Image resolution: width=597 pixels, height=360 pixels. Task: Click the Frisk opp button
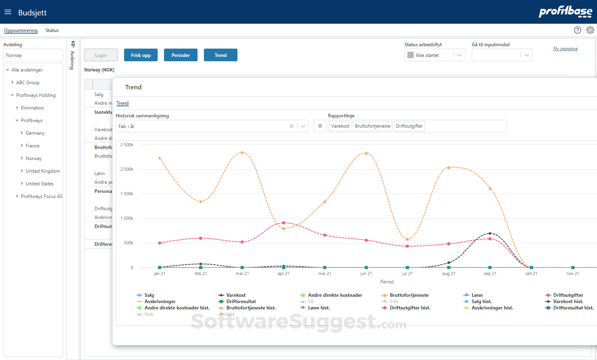(x=141, y=55)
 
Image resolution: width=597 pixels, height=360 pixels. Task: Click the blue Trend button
(x=220, y=55)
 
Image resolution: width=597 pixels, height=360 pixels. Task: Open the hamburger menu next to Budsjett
(x=8, y=12)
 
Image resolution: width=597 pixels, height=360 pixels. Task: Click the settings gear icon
(x=590, y=30)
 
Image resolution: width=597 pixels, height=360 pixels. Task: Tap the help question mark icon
(x=577, y=30)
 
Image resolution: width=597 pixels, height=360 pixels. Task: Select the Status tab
(x=52, y=30)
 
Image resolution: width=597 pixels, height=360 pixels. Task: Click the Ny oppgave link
(x=565, y=49)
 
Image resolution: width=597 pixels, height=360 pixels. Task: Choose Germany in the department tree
(x=35, y=133)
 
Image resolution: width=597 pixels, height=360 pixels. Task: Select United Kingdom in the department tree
(x=43, y=171)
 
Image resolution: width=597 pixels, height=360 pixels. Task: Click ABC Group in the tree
(x=28, y=83)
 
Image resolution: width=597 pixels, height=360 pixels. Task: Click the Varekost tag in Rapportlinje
(x=340, y=126)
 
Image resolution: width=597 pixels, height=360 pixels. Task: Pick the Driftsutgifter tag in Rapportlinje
(x=409, y=126)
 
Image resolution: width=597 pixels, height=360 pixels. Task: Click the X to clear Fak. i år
(x=292, y=126)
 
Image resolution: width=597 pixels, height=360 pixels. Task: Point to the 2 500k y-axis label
(x=127, y=145)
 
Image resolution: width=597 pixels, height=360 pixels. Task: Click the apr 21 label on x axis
(x=283, y=273)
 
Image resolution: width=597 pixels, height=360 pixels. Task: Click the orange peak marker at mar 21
(x=242, y=153)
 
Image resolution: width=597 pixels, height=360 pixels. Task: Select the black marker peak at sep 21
(x=490, y=233)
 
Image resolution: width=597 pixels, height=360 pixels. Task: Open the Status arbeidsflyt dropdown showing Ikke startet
(x=435, y=55)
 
